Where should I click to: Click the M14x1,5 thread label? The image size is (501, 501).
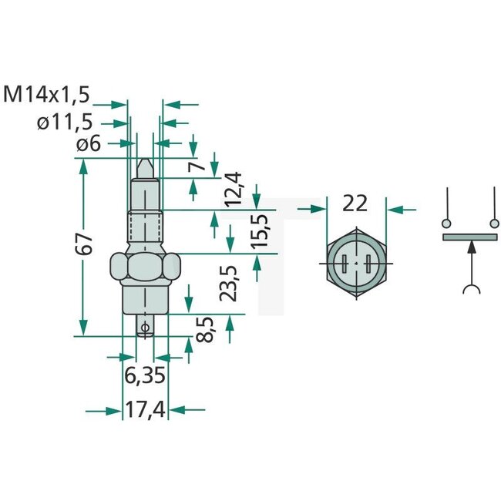(x=47, y=95)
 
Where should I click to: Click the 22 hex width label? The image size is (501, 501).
(x=354, y=204)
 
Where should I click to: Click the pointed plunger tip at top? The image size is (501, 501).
(x=143, y=166)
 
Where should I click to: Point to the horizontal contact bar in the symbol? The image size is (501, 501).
(x=469, y=237)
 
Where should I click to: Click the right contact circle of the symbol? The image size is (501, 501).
(x=492, y=224)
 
